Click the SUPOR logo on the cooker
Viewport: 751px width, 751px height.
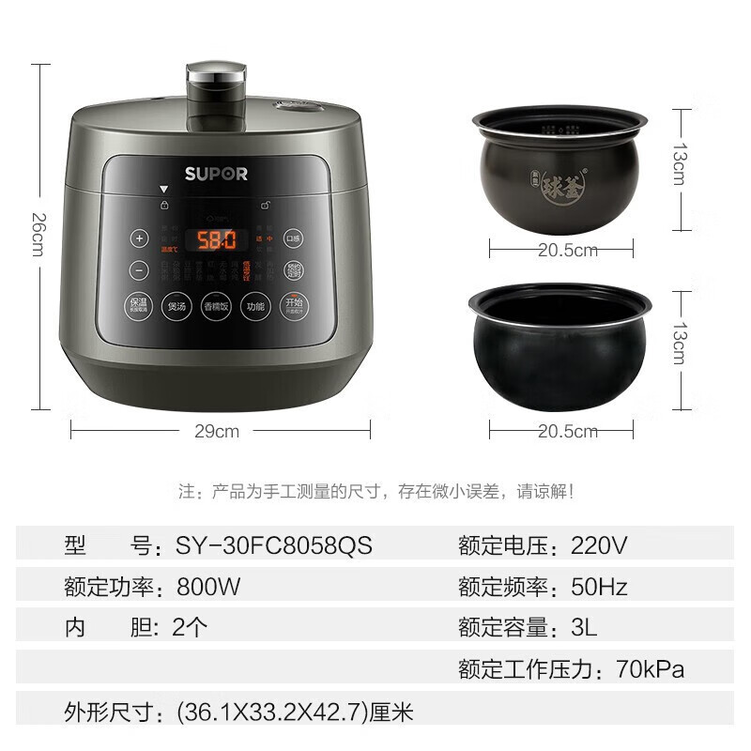216,174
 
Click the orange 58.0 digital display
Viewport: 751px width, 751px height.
215,239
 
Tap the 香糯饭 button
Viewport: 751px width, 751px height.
215,306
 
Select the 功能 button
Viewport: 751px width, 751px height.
255,306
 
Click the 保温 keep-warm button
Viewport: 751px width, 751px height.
139,306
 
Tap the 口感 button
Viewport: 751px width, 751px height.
293,238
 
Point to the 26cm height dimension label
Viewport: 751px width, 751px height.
38,235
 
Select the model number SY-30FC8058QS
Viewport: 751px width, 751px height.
274,545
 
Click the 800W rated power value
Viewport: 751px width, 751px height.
209,588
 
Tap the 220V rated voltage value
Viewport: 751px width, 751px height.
599,545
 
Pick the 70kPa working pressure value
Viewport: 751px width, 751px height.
651,669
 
